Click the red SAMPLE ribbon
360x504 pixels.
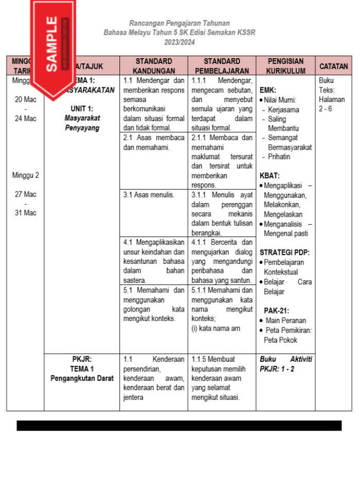click(52, 45)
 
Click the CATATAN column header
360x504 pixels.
click(334, 66)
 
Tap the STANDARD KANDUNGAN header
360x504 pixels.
click(154, 66)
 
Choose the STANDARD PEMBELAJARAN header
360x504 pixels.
click(221, 66)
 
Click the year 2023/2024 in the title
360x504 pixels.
click(180, 42)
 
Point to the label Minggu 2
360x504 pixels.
click(25, 175)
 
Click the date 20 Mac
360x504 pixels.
click(25, 99)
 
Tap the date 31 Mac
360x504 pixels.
click(25, 213)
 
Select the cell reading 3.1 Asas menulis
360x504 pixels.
click(149, 195)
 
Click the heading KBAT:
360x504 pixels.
click(270, 176)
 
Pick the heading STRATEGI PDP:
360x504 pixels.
click(284, 252)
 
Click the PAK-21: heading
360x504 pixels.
click(276, 310)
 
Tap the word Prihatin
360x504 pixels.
click(279, 157)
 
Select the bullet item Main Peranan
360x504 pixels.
click(286, 320)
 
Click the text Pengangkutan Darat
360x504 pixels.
click(82, 378)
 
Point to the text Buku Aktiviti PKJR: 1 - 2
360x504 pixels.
click(285, 364)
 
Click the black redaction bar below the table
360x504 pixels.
click(179, 426)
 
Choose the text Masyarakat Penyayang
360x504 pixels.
click(82, 123)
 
